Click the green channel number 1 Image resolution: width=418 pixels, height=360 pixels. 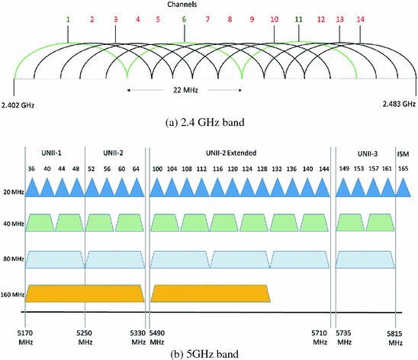click(68, 18)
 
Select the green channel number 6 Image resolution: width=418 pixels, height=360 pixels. click(184, 18)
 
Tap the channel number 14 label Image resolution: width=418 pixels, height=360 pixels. click(360, 18)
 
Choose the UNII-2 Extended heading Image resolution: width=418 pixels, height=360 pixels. click(239, 153)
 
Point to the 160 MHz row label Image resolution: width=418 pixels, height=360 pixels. click(12, 293)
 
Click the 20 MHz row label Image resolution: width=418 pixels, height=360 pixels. click(12, 191)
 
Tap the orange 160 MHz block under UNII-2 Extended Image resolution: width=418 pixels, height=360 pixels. click(210, 293)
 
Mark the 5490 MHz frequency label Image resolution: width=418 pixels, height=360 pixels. click(159, 337)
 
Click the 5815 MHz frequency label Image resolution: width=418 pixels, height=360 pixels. click(395, 337)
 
